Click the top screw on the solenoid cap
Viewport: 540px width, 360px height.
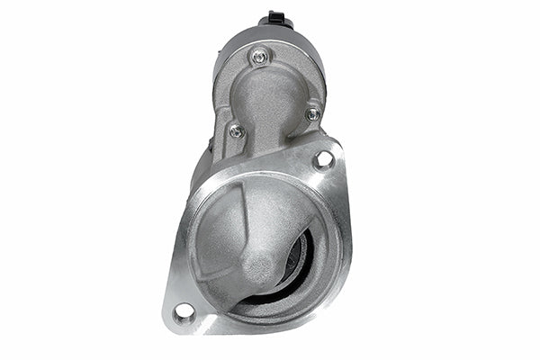(260, 56)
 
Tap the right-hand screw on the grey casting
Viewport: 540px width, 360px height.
(312, 114)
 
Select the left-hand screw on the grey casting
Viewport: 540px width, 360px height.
(236, 130)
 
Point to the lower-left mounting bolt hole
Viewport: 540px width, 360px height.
(184, 311)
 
